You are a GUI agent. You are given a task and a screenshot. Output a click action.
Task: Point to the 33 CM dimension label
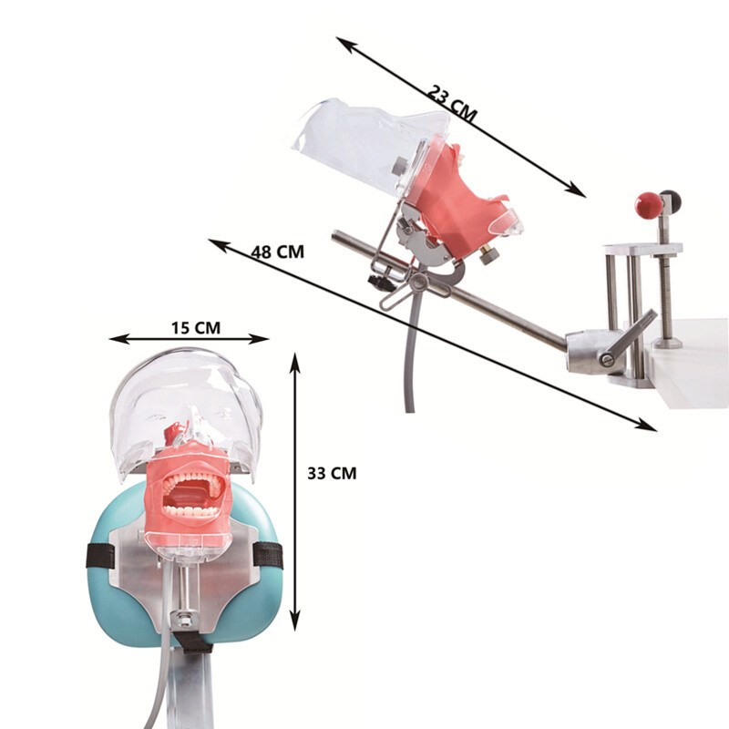(332, 473)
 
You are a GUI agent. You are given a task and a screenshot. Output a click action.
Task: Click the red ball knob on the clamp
(648, 205)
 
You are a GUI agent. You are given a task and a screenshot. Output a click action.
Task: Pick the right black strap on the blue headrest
(267, 554)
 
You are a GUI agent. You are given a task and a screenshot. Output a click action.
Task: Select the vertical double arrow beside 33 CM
(294, 492)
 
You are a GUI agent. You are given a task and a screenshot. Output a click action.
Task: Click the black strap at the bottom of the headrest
(192, 642)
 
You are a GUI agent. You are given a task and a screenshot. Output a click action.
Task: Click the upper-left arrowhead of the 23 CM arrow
(343, 42)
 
